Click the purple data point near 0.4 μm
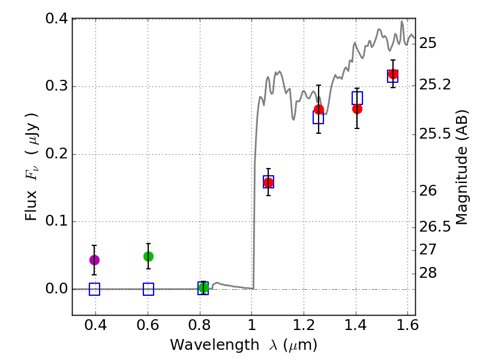click(94, 260)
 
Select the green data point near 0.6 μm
click(148, 256)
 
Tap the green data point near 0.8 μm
click(203, 288)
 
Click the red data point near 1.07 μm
click(268, 182)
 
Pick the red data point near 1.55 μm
click(393, 74)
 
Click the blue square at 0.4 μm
click(94, 289)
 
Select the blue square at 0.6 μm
click(148, 289)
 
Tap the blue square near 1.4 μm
click(357, 98)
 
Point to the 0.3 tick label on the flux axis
click(55, 87)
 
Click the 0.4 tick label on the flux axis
click(55, 19)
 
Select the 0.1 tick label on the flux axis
click(55, 222)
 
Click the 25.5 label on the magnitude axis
click(436, 133)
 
